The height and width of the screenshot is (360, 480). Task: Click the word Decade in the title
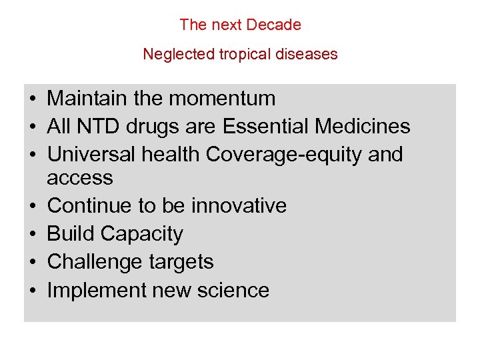click(273, 25)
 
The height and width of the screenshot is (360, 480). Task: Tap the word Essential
click(272, 127)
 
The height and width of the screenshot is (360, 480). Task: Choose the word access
click(80, 178)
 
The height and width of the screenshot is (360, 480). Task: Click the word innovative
click(239, 205)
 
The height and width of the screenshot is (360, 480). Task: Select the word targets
click(181, 262)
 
